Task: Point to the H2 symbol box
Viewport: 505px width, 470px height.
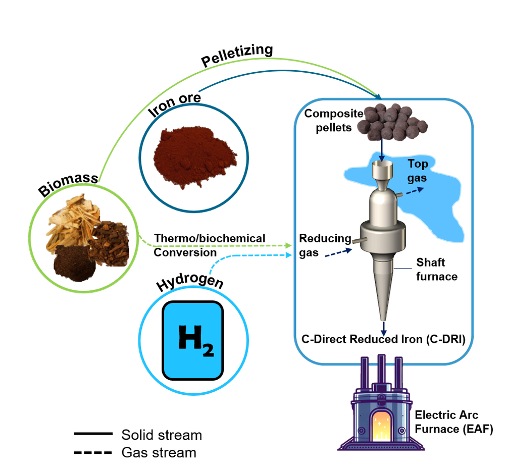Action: click(192, 340)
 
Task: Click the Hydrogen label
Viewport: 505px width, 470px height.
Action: click(190, 281)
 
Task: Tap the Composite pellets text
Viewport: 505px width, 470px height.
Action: click(334, 120)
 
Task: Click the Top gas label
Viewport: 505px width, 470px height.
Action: click(418, 171)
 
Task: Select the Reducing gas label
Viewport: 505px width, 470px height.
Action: click(325, 245)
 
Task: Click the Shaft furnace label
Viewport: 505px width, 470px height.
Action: click(436, 269)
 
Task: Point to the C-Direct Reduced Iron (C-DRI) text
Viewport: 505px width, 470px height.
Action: click(383, 339)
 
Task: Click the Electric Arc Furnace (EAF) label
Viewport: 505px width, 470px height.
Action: click(453, 422)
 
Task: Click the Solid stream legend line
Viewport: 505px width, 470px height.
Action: click(93, 434)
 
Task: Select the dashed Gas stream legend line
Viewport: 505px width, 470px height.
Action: click(93, 453)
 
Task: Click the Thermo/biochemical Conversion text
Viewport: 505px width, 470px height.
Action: click(210, 245)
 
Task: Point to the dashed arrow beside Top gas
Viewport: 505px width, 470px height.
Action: click(415, 191)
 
